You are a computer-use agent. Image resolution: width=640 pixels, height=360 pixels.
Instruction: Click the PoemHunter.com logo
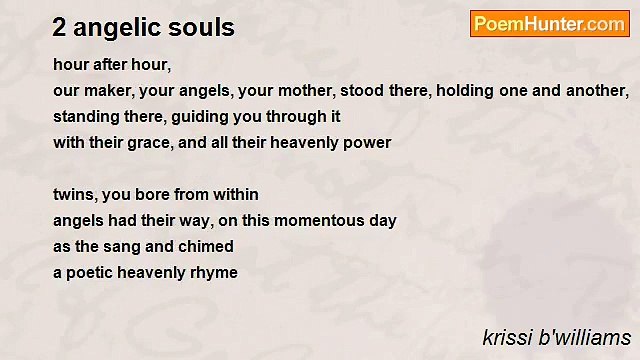[x=548, y=24]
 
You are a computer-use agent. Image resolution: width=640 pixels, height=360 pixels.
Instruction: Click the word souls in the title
[x=205, y=28]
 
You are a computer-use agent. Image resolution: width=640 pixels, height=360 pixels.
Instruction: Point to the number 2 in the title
[x=59, y=28]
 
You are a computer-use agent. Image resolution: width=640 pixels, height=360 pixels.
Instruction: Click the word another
[x=597, y=91]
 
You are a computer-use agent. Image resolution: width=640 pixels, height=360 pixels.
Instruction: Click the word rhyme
[x=213, y=273]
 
